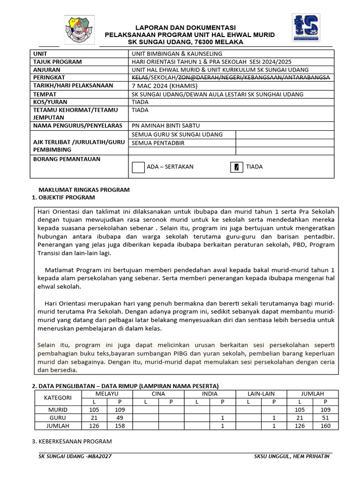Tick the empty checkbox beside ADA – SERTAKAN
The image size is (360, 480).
pyautogui.click(x=138, y=167)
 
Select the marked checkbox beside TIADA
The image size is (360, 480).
pyautogui.click(x=237, y=167)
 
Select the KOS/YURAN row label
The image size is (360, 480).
pyautogui.click(x=50, y=102)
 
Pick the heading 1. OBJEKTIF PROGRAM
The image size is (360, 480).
pyautogui.click(x=63, y=198)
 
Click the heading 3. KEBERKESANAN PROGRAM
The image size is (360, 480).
pyautogui.click(x=72, y=441)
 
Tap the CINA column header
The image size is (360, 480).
pyautogui.click(x=158, y=394)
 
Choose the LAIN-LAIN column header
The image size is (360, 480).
pyautogui.click(x=261, y=394)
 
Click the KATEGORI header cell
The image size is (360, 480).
pyautogui.click(x=58, y=397)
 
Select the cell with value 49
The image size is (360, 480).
pyautogui.click(x=120, y=418)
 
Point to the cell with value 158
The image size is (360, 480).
pyautogui.click(x=120, y=426)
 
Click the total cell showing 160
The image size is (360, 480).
pyautogui.click(x=326, y=426)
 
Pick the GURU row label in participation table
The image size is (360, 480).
pyautogui.click(x=58, y=418)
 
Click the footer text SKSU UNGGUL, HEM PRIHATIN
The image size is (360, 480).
pyautogui.click(x=292, y=456)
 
